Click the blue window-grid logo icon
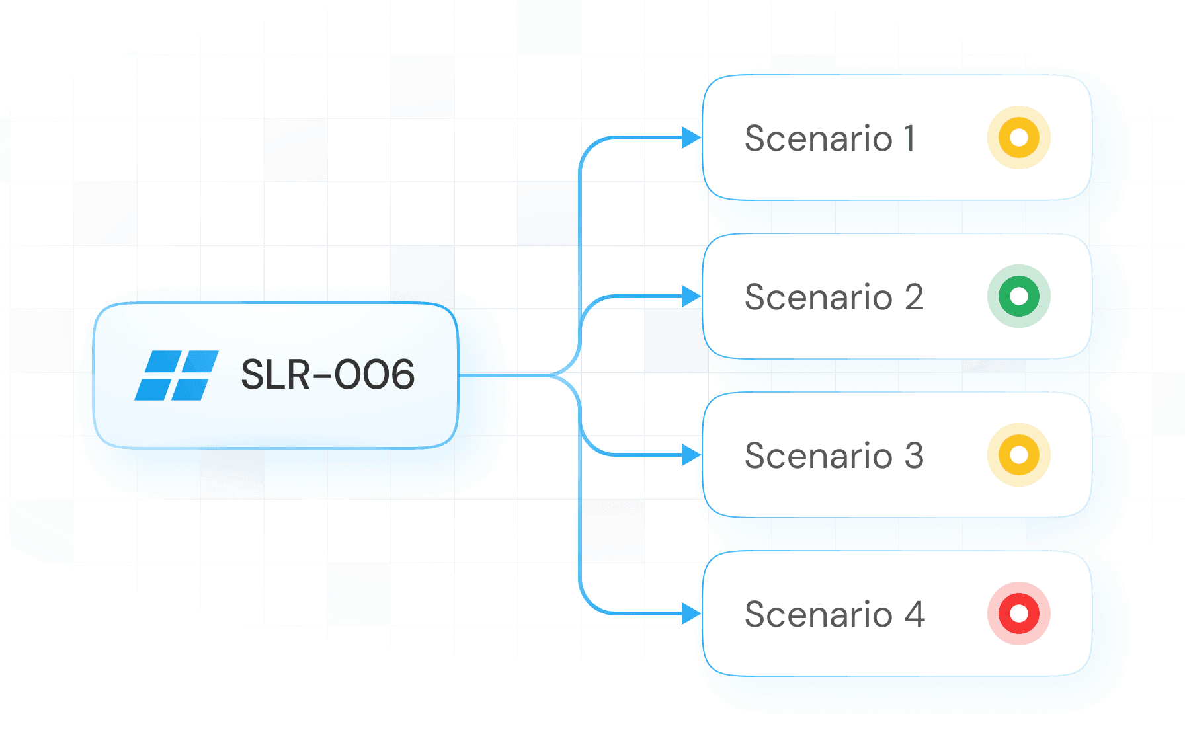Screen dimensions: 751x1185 coord(177,375)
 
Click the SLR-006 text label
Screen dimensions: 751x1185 coord(327,375)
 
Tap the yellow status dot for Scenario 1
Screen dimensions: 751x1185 coord(1018,138)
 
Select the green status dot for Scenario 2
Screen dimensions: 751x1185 coord(1018,296)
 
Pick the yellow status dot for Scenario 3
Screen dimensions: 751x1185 coord(1018,455)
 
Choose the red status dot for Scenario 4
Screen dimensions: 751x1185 coord(1018,613)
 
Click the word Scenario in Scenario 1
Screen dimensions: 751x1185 coord(819,139)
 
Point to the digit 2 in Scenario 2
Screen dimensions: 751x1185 coord(914,297)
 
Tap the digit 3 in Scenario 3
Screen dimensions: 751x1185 coord(914,456)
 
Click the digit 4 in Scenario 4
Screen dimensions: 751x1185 coord(915,615)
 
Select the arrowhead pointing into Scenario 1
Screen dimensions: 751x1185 coord(691,138)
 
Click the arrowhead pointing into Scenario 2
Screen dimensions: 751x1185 coord(691,296)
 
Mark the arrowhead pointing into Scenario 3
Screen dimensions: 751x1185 coord(691,455)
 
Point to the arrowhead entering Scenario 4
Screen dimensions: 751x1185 coord(691,613)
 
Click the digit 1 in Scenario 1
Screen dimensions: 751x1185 coord(910,139)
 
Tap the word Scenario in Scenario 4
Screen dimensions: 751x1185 coord(819,615)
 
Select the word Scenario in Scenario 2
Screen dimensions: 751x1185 coord(819,297)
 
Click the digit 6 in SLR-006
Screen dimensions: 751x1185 coord(399,375)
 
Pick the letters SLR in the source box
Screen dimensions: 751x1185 coord(276,375)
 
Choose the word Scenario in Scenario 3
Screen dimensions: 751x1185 coord(819,456)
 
